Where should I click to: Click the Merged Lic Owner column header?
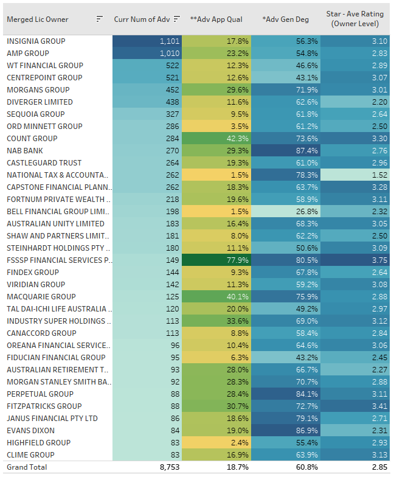coord(37,19)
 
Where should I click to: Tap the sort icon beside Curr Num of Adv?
coord(176,19)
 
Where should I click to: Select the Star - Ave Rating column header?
coord(355,19)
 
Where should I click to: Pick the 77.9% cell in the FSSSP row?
coord(216,260)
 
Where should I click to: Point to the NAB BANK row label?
coord(25,151)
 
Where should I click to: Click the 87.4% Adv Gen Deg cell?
coord(285,151)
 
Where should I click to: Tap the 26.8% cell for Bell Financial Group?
coord(285,212)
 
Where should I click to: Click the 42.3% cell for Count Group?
coord(216,139)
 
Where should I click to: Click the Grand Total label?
coord(27,467)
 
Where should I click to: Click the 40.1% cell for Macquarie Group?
coord(216,297)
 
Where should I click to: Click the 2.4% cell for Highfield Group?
coord(216,443)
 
